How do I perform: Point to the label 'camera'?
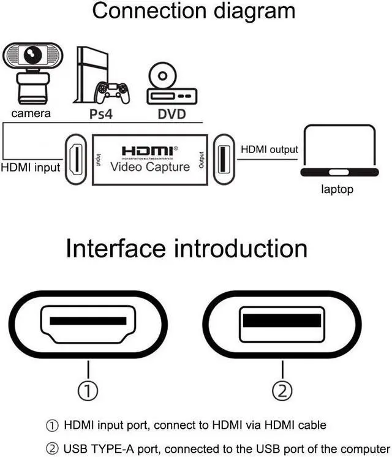tap(31, 113)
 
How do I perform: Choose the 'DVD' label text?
tap(171, 114)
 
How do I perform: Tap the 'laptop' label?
tap(337, 189)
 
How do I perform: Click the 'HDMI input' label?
tap(31, 167)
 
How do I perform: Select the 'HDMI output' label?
tap(269, 149)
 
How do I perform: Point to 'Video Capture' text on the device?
tap(150, 166)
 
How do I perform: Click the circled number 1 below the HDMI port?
tap(89, 389)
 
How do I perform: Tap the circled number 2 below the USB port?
tap(282, 389)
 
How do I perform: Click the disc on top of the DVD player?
tap(163, 77)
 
